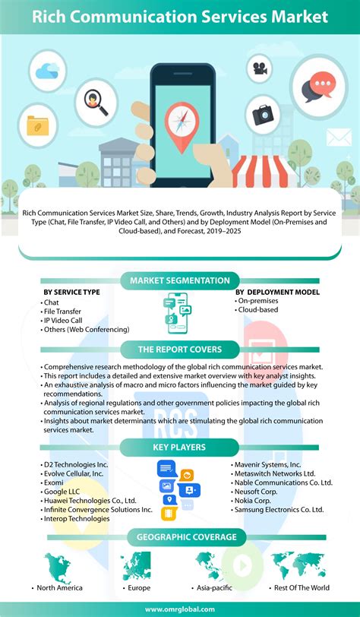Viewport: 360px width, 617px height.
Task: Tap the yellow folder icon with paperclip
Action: point(38,126)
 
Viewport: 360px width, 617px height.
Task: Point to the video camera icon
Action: point(260,68)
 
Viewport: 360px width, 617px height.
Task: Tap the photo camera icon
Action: point(262,113)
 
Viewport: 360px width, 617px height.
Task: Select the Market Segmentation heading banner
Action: point(179,281)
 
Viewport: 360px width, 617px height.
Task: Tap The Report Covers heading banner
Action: point(179,350)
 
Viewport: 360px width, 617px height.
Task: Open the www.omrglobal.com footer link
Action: point(180,608)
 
